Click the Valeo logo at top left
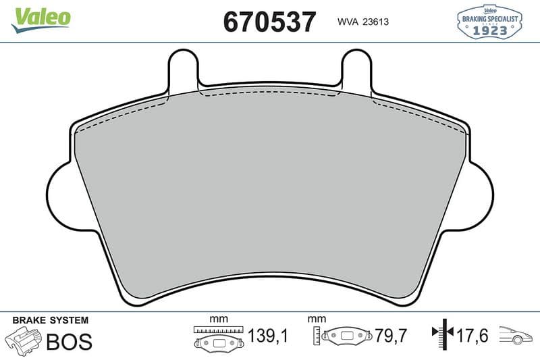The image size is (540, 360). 40,20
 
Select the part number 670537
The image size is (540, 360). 269,22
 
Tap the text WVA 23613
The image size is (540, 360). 363,22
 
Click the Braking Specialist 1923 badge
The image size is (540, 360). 489,22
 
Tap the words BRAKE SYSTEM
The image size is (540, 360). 50,320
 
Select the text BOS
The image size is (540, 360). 69,341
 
